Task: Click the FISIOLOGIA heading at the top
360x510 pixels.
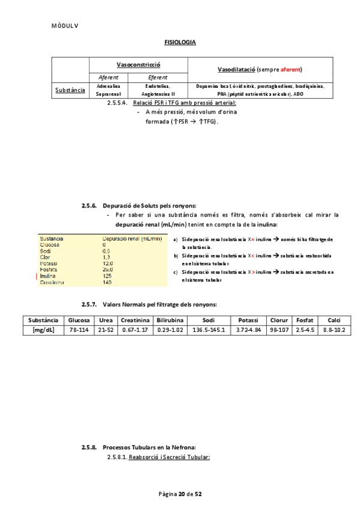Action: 180,43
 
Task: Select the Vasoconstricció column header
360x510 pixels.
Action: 138,64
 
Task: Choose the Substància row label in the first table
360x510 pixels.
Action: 70,90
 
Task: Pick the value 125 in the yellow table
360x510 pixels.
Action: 107,276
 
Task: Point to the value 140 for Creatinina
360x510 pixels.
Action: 107,282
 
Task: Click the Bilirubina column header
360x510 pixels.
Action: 169,320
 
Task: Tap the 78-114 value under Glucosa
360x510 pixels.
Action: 78,330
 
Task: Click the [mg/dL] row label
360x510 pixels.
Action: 43,330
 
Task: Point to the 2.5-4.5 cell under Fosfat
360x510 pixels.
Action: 305,330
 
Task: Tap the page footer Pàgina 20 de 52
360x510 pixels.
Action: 180,494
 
